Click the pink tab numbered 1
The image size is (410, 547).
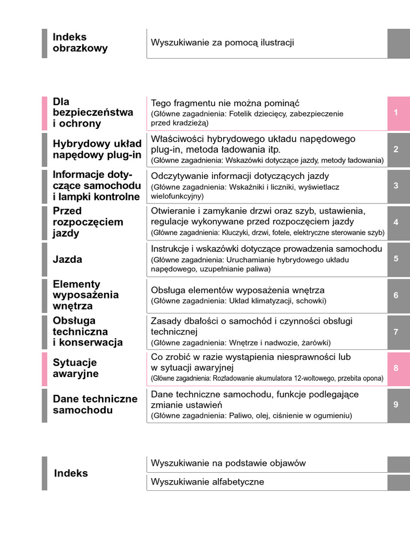pyautogui.click(x=396, y=113)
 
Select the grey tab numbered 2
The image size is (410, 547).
pyautogui.click(x=396, y=150)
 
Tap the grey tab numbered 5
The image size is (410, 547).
pyautogui.click(x=396, y=259)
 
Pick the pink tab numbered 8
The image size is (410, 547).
pyautogui.click(x=396, y=368)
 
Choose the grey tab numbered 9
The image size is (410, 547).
pyautogui.click(x=396, y=404)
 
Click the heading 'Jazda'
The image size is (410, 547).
pyautogui.click(x=67, y=260)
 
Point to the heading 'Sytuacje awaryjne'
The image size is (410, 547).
pyautogui.click(x=75, y=368)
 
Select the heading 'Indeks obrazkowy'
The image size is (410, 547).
pyautogui.click(x=80, y=43)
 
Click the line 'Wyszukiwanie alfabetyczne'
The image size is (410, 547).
pyautogui.click(x=208, y=482)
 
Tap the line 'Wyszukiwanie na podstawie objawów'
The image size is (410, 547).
pyautogui.click(x=228, y=463)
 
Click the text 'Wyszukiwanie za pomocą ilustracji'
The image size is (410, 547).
pyautogui.click(x=223, y=43)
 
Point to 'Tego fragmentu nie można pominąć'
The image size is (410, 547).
pyautogui.click(x=225, y=103)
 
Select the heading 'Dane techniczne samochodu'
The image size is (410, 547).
pyautogui.click(x=95, y=404)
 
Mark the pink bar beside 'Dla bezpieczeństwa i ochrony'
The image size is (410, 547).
pyautogui.click(x=44, y=113)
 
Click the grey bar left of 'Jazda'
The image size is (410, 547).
pyautogui.click(x=44, y=259)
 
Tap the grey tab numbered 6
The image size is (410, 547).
pyautogui.click(x=396, y=295)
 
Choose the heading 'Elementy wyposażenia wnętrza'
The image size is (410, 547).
pyautogui.click(x=85, y=295)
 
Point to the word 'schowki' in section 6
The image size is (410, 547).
pyautogui.click(x=311, y=301)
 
